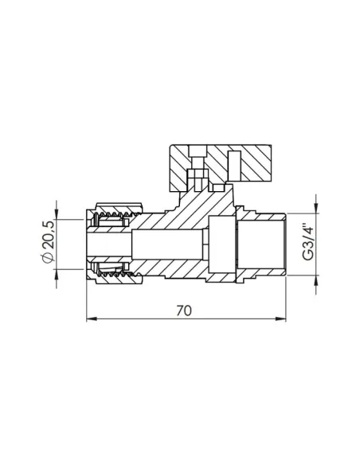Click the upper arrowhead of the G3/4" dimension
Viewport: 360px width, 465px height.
click(318, 208)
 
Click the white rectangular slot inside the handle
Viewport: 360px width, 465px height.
click(215, 169)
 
